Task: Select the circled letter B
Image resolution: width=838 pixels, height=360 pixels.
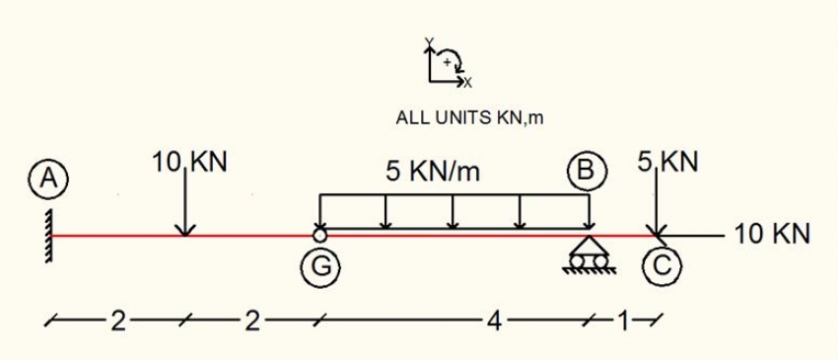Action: click(x=588, y=171)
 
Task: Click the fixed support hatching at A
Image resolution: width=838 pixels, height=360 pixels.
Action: click(x=48, y=235)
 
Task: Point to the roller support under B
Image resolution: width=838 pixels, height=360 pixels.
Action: click(x=589, y=254)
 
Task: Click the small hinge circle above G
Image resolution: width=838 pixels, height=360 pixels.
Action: click(x=319, y=235)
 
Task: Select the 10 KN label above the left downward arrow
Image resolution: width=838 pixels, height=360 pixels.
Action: click(x=190, y=163)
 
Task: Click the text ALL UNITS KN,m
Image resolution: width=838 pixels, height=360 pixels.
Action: click(x=469, y=118)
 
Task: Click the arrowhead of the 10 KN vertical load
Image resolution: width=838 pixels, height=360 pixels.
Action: click(x=183, y=230)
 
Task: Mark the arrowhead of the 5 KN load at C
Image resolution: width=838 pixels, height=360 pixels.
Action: click(x=656, y=230)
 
